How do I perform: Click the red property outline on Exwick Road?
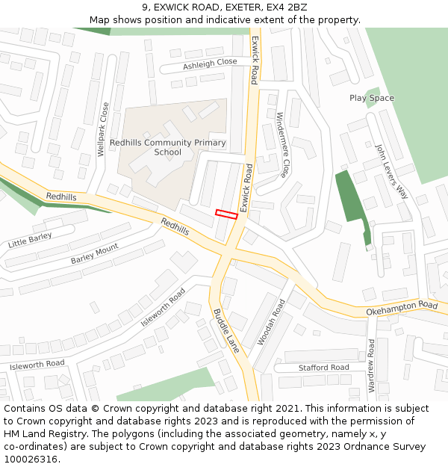226,214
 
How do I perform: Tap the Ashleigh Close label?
210,64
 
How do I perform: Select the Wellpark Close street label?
103,129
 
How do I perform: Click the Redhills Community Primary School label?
167,147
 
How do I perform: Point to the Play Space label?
371,98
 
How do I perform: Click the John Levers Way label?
392,170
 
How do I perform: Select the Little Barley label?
30,240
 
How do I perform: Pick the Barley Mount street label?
94,254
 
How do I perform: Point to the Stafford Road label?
323,368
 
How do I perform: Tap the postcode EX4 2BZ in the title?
286,7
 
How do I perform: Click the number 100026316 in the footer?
29,459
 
